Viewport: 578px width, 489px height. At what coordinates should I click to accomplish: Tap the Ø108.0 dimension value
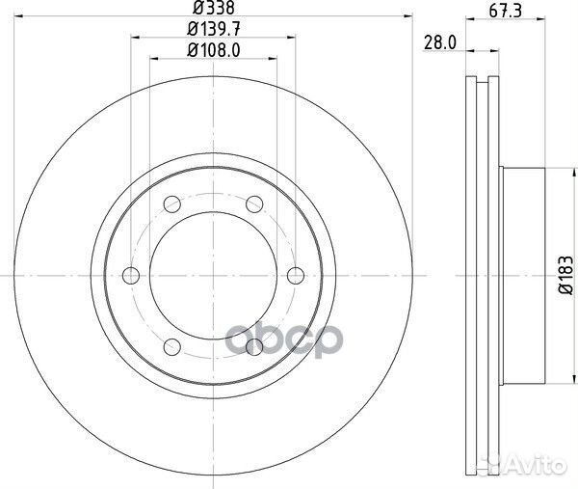214,50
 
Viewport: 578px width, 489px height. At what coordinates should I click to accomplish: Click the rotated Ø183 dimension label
562,274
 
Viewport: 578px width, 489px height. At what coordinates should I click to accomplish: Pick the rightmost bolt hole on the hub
297,275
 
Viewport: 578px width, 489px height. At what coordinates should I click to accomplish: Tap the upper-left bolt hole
172,204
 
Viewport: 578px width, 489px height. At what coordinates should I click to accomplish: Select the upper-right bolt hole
255,204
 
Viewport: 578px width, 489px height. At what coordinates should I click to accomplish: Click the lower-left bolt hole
172,346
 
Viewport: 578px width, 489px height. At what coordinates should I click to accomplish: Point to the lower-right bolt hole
255,346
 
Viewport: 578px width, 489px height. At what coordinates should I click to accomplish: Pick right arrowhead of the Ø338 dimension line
408,16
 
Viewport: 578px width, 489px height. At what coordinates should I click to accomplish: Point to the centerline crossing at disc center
214,275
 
